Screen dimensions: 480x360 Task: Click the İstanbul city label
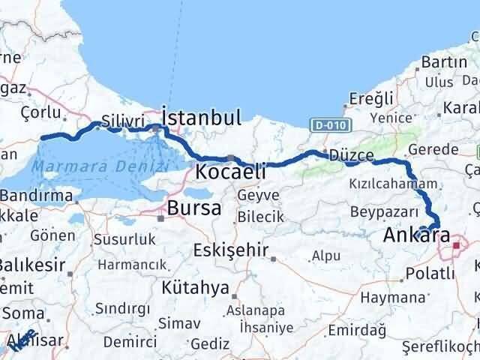(x=202, y=117)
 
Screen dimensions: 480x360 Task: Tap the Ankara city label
(x=416, y=237)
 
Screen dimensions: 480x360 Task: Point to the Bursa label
(x=193, y=208)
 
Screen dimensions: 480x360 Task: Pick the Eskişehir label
(x=230, y=250)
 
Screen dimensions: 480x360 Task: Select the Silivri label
(x=122, y=120)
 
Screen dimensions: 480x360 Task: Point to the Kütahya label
(x=194, y=287)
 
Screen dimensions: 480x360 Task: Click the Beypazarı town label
(x=376, y=213)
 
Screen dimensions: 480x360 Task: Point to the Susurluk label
(x=124, y=240)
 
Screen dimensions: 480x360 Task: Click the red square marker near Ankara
(x=456, y=244)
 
